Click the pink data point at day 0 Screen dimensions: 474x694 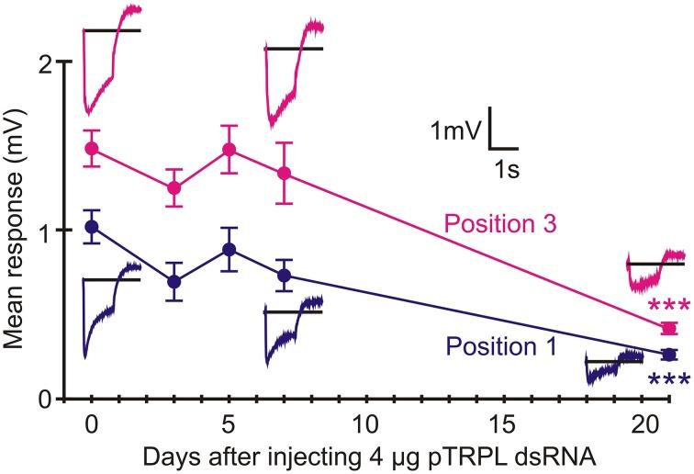coord(91,149)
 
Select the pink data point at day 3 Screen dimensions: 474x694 coord(173,188)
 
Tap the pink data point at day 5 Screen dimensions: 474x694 coord(229,150)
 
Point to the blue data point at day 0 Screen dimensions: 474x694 coord(91,226)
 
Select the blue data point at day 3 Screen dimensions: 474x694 coord(173,281)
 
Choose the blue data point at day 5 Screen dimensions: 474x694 coord(229,249)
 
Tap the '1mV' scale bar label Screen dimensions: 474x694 coord(456,131)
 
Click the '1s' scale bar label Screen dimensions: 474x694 coord(502,168)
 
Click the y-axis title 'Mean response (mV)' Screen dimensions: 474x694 coord(16,230)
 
